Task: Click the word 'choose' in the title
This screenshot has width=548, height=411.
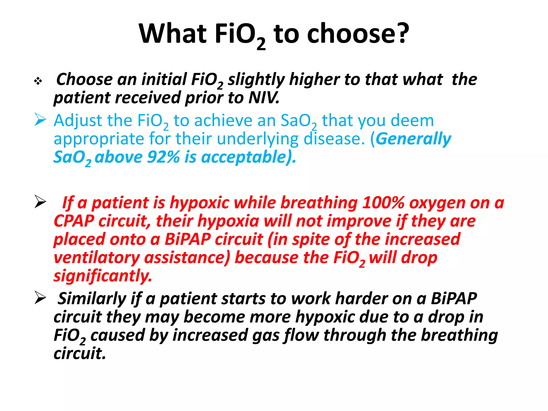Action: coord(351,34)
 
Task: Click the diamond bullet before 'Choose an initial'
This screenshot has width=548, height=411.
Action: coord(38,81)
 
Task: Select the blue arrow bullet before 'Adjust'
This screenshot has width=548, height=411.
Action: coord(40,119)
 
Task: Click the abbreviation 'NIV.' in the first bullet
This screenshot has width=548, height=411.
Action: coord(264,98)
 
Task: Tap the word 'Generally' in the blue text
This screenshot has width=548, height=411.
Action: coord(413,139)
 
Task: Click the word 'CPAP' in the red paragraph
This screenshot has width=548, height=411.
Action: coord(74,221)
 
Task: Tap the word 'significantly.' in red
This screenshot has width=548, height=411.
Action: coord(103,276)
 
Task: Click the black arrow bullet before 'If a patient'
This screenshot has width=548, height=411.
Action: coord(40,202)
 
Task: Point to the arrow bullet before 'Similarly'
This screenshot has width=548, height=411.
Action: coord(40,298)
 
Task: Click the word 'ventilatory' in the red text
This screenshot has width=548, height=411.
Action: coord(97,258)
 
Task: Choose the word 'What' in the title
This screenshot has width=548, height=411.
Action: coord(173,34)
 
